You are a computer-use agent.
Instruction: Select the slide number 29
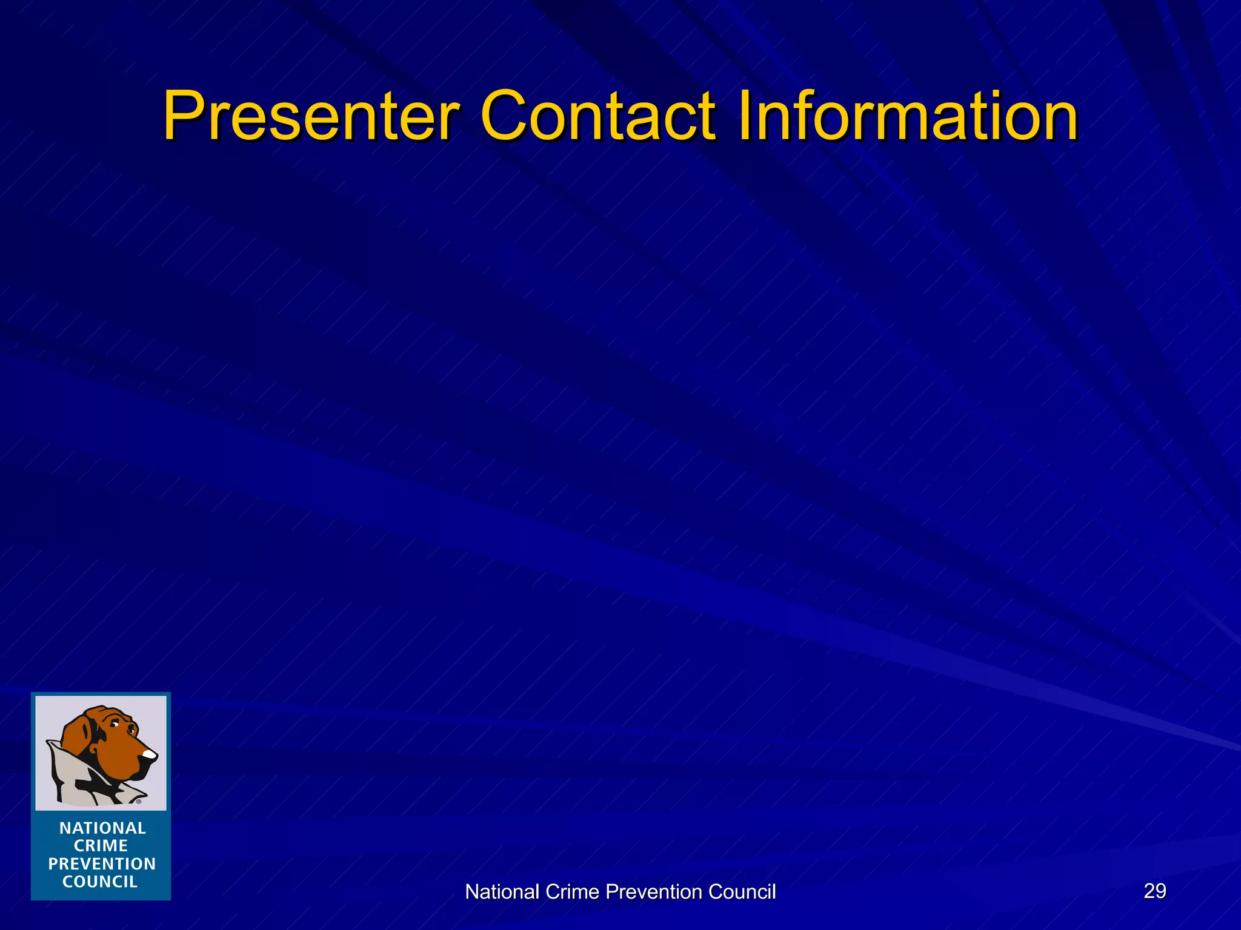coord(1154,891)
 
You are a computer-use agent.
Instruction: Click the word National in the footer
coord(502,892)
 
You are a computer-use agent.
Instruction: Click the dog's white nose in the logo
coord(149,754)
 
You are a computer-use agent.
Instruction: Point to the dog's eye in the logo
coord(115,725)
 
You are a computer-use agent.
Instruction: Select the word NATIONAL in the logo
coord(102,828)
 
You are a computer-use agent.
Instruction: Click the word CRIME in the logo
coord(101,846)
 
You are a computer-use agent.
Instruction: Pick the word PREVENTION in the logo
coord(102,864)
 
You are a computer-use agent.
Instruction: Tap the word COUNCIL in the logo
coord(101,882)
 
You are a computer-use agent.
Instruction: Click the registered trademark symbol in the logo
coord(139,802)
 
